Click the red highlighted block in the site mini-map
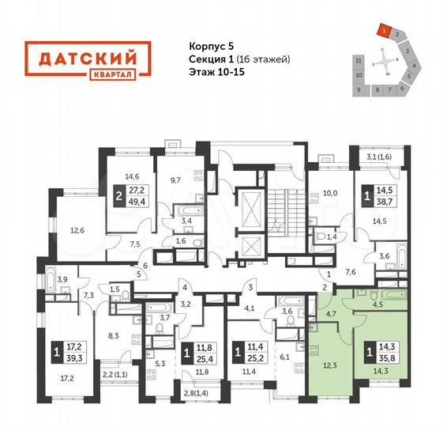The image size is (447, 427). pyautogui.click(x=383, y=32)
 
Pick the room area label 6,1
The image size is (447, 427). pyautogui.click(x=284, y=357)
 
